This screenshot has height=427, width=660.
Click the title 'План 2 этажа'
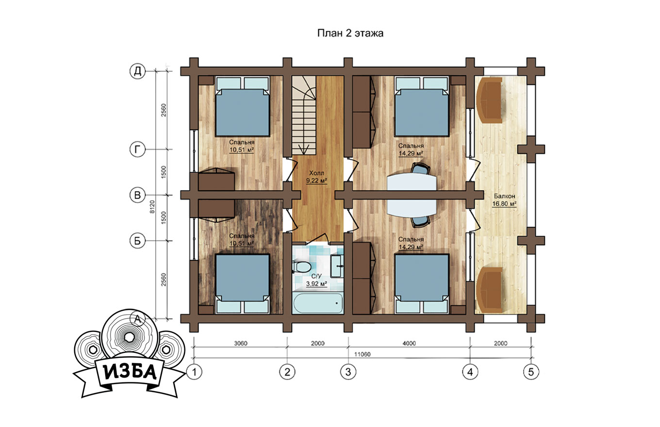[350, 33]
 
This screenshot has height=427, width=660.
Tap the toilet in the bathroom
[301, 267]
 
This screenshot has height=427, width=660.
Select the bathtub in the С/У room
[318, 303]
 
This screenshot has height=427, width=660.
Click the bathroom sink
[337, 266]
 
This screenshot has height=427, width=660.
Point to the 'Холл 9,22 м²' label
[317, 177]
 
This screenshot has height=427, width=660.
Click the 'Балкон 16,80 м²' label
[504, 200]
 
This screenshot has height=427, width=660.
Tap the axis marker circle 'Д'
[138, 71]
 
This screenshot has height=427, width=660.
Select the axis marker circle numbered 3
[348, 372]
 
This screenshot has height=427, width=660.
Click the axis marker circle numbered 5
[531, 372]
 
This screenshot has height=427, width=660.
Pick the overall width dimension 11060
[362, 354]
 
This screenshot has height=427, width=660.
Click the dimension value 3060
[241, 344]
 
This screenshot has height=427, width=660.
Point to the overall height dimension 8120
[152, 207]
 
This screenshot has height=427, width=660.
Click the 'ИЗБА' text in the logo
[130, 372]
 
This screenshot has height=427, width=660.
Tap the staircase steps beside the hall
[304, 115]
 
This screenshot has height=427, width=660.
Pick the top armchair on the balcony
[489, 100]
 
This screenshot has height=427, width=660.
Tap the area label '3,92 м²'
[317, 284]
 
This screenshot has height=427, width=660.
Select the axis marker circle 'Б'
[138, 241]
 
